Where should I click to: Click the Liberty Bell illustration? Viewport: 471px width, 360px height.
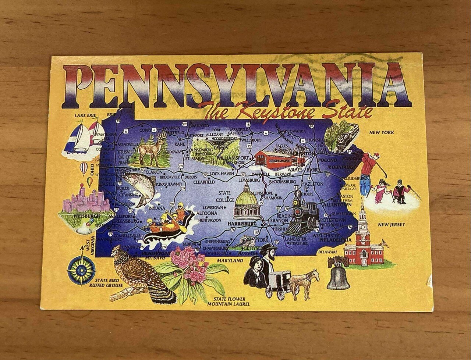tap(337, 275)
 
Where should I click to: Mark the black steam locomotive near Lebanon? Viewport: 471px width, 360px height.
tap(303, 217)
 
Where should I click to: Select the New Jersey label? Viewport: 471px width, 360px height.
tap(391, 224)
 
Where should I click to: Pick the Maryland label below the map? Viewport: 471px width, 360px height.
tap(230, 261)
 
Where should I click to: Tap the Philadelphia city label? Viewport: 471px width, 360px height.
tap(336, 240)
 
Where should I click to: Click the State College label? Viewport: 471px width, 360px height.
tap(224, 196)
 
